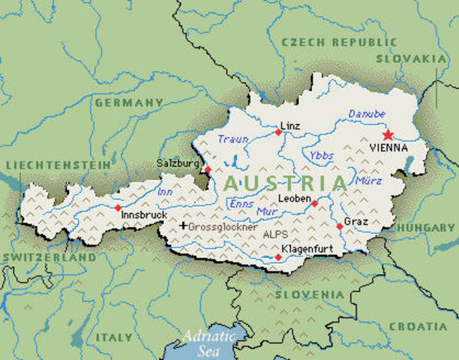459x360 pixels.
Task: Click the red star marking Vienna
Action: pyautogui.click(x=388, y=135)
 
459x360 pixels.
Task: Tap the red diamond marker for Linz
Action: pyautogui.click(x=278, y=132)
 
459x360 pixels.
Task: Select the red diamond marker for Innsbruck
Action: pyautogui.click(x=118, y=208)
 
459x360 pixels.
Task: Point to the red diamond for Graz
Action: pyautogui.click(x=340, y=226)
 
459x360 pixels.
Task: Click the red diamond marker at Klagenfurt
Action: pyautogui.click(x=278, y=257)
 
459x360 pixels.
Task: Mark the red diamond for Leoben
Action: pyautogui.click(x=314, y=203)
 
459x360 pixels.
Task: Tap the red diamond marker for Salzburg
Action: pyautogui.click(x=208, y=169)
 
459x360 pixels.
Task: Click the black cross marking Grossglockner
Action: pyautogui.click(x=182, y=225)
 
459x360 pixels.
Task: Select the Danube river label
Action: pyautogui.click(x=367, y=114)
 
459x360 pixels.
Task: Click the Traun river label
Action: pyautogui.click(x=232, y=139)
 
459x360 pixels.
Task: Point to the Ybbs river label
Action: pyautogui.click(x=321, y=155)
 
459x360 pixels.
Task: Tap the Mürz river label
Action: pyautogui.click(x=369, y=181)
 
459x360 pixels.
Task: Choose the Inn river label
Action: pyautogui.click(x=165, y=192)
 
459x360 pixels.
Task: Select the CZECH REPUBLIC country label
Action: pyautogui.click(x=330, y=43)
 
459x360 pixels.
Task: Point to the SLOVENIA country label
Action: pyautogui.click(x=304, y=295)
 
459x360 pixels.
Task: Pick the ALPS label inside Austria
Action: pyautogui.click(x=275, y=234)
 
